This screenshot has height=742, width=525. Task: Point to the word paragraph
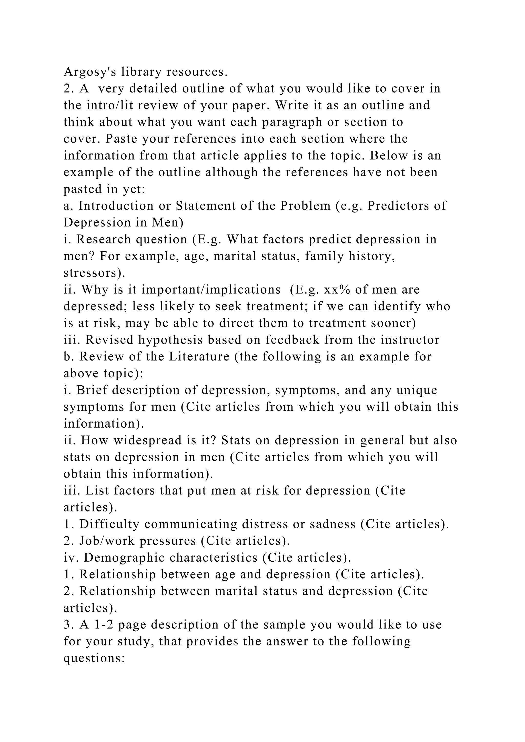[x=292, y=122]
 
